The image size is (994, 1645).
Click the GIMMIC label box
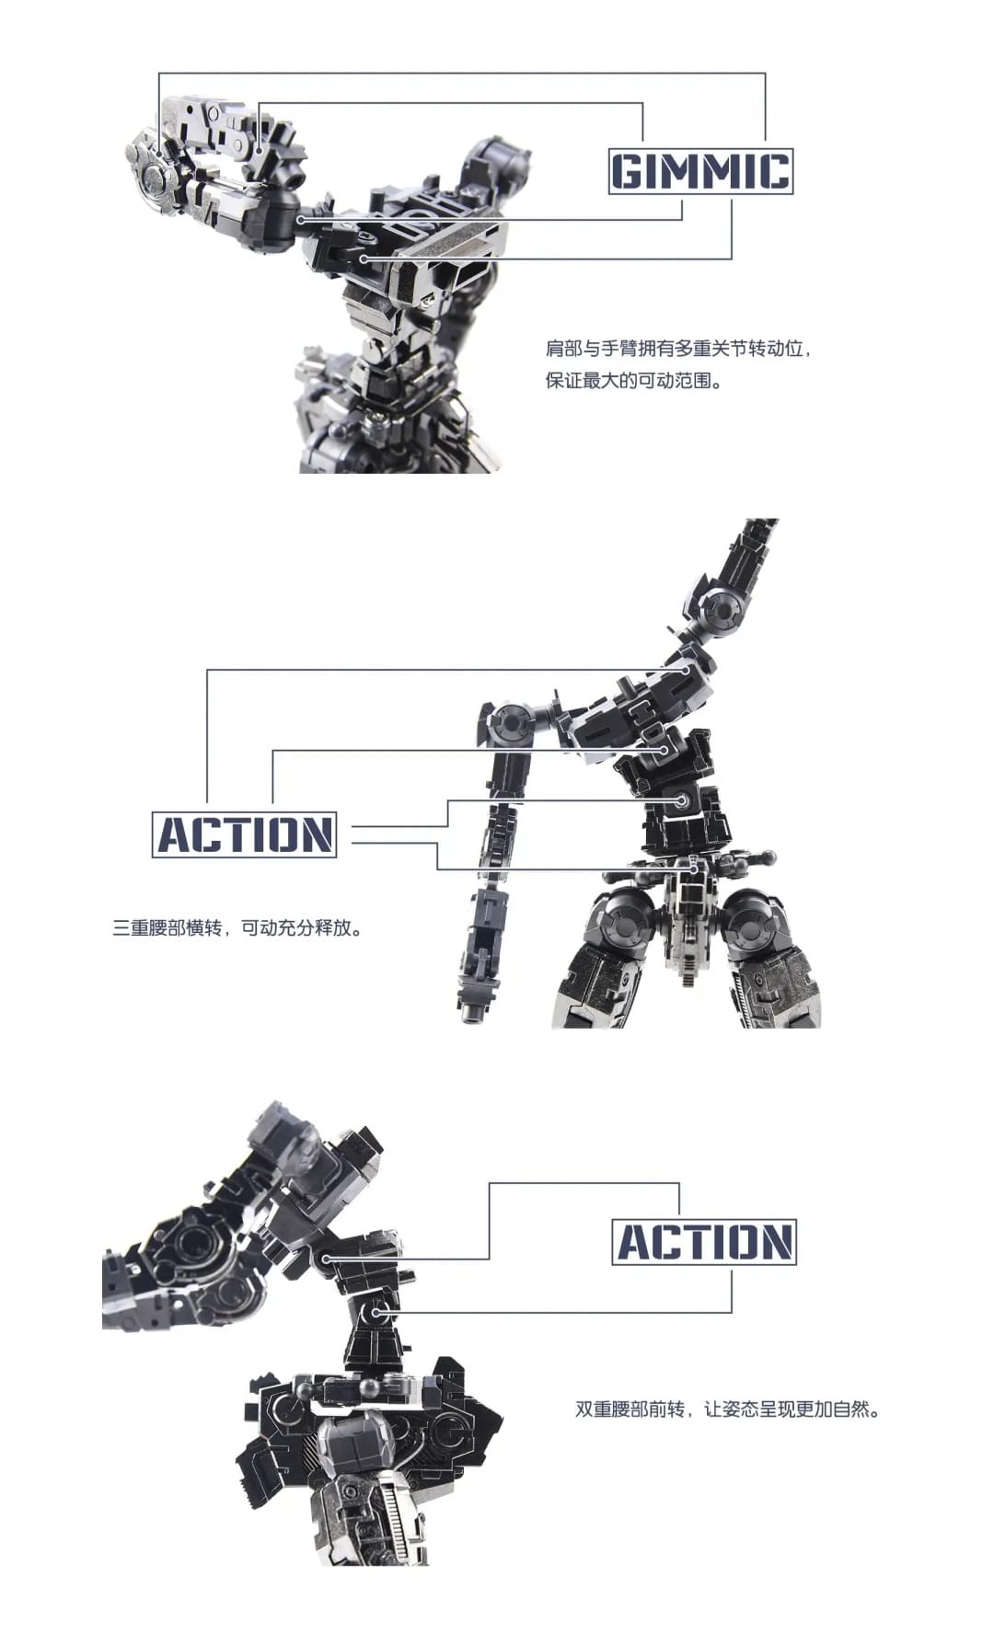coord(700,171)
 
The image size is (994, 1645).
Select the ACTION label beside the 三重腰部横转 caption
coord(244,834)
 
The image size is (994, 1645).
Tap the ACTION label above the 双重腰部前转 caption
coord(704,1241)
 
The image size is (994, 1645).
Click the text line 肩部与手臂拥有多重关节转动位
coord(678,350)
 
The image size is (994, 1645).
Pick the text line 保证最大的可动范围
coord(634,380)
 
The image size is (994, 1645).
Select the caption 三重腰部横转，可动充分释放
coord(237,927)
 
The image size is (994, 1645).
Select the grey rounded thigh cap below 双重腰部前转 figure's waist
coord(354,1445)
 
